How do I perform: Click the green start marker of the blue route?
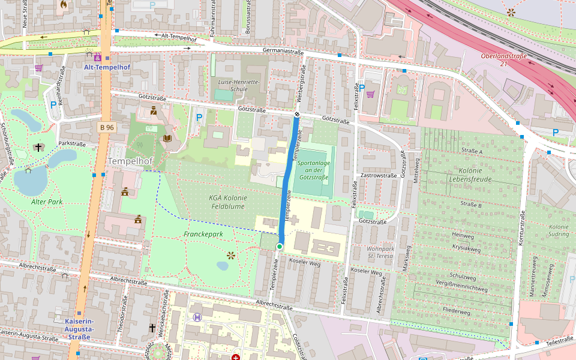click(x=280, y=247)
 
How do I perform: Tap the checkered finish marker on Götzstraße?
click(x=296, y=114)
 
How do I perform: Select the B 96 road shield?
click(x=107, y=127)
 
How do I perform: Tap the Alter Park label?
click(x=47, y=202)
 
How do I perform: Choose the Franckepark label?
click(x=203, y=235)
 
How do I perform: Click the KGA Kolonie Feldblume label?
click(x=228, y=202)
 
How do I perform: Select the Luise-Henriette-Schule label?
click(x=239, y=85)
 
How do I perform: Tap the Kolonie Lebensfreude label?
click(x=470, y=175)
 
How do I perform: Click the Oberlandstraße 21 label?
click(x=503, y=59)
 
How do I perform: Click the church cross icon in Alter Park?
click(x=39, y=147)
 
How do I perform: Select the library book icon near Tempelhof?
click(x=167, y=139)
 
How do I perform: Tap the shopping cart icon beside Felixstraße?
click(x=370, y=94)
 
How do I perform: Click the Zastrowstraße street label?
click(x=379, y=175)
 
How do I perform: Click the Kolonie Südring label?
click(x=558, y=230)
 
